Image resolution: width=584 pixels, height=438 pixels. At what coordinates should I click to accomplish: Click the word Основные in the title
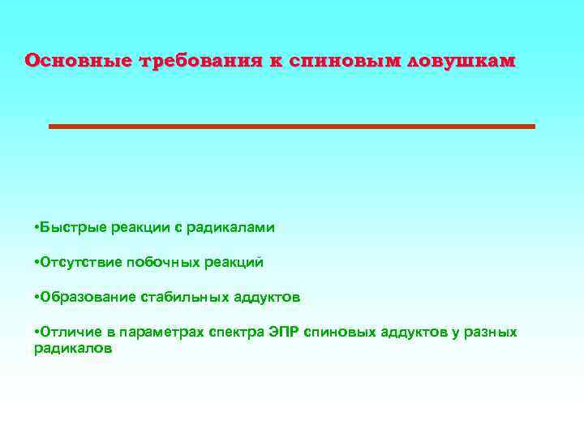pyautogui.click(x=79, y=61)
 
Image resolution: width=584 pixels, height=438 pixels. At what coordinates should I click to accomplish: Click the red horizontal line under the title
pyautogui.click(x=292, y=127)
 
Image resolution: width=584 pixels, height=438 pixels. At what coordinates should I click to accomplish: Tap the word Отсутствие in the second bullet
pyautogui.click(x=77, y=262)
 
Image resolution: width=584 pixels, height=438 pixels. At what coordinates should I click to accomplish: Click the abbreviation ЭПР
pyautogui.click(x=284, y=333)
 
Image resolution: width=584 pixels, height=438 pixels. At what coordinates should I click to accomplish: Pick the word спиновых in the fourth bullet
pyautogui.click(x=337, y=333)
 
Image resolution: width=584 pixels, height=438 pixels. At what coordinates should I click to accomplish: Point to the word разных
pyautogui.click(x=492, y=333)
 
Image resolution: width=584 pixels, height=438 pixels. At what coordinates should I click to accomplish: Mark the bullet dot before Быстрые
pyautogui.click(x=37, y=228)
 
